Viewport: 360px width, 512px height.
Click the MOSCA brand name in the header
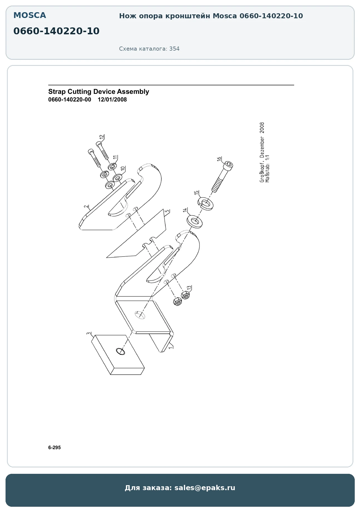click(30, 15)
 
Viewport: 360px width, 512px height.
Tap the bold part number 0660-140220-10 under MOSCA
click(56, 31)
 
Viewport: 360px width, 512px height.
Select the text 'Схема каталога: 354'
click(149, 49)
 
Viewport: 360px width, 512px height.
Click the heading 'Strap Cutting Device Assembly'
click(99, 92)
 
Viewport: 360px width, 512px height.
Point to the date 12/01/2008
click(112, 100)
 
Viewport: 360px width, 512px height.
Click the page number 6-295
click(54, 448)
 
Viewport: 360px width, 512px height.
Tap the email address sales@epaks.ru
click(205, 488)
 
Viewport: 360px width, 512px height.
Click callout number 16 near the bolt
click(219, 159)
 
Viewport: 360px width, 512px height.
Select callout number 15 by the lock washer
click(196, 193)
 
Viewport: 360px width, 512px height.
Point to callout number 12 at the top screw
click(102, 137)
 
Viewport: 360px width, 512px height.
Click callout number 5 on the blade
click(167, 211)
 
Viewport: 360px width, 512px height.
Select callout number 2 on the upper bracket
click(86, 206)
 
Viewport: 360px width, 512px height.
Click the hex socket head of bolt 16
click(229, 166)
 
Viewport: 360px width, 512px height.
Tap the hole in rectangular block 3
click(120, 351)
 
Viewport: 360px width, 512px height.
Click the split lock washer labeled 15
click(205, 204)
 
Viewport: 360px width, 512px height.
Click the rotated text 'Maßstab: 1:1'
click(267, 169)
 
